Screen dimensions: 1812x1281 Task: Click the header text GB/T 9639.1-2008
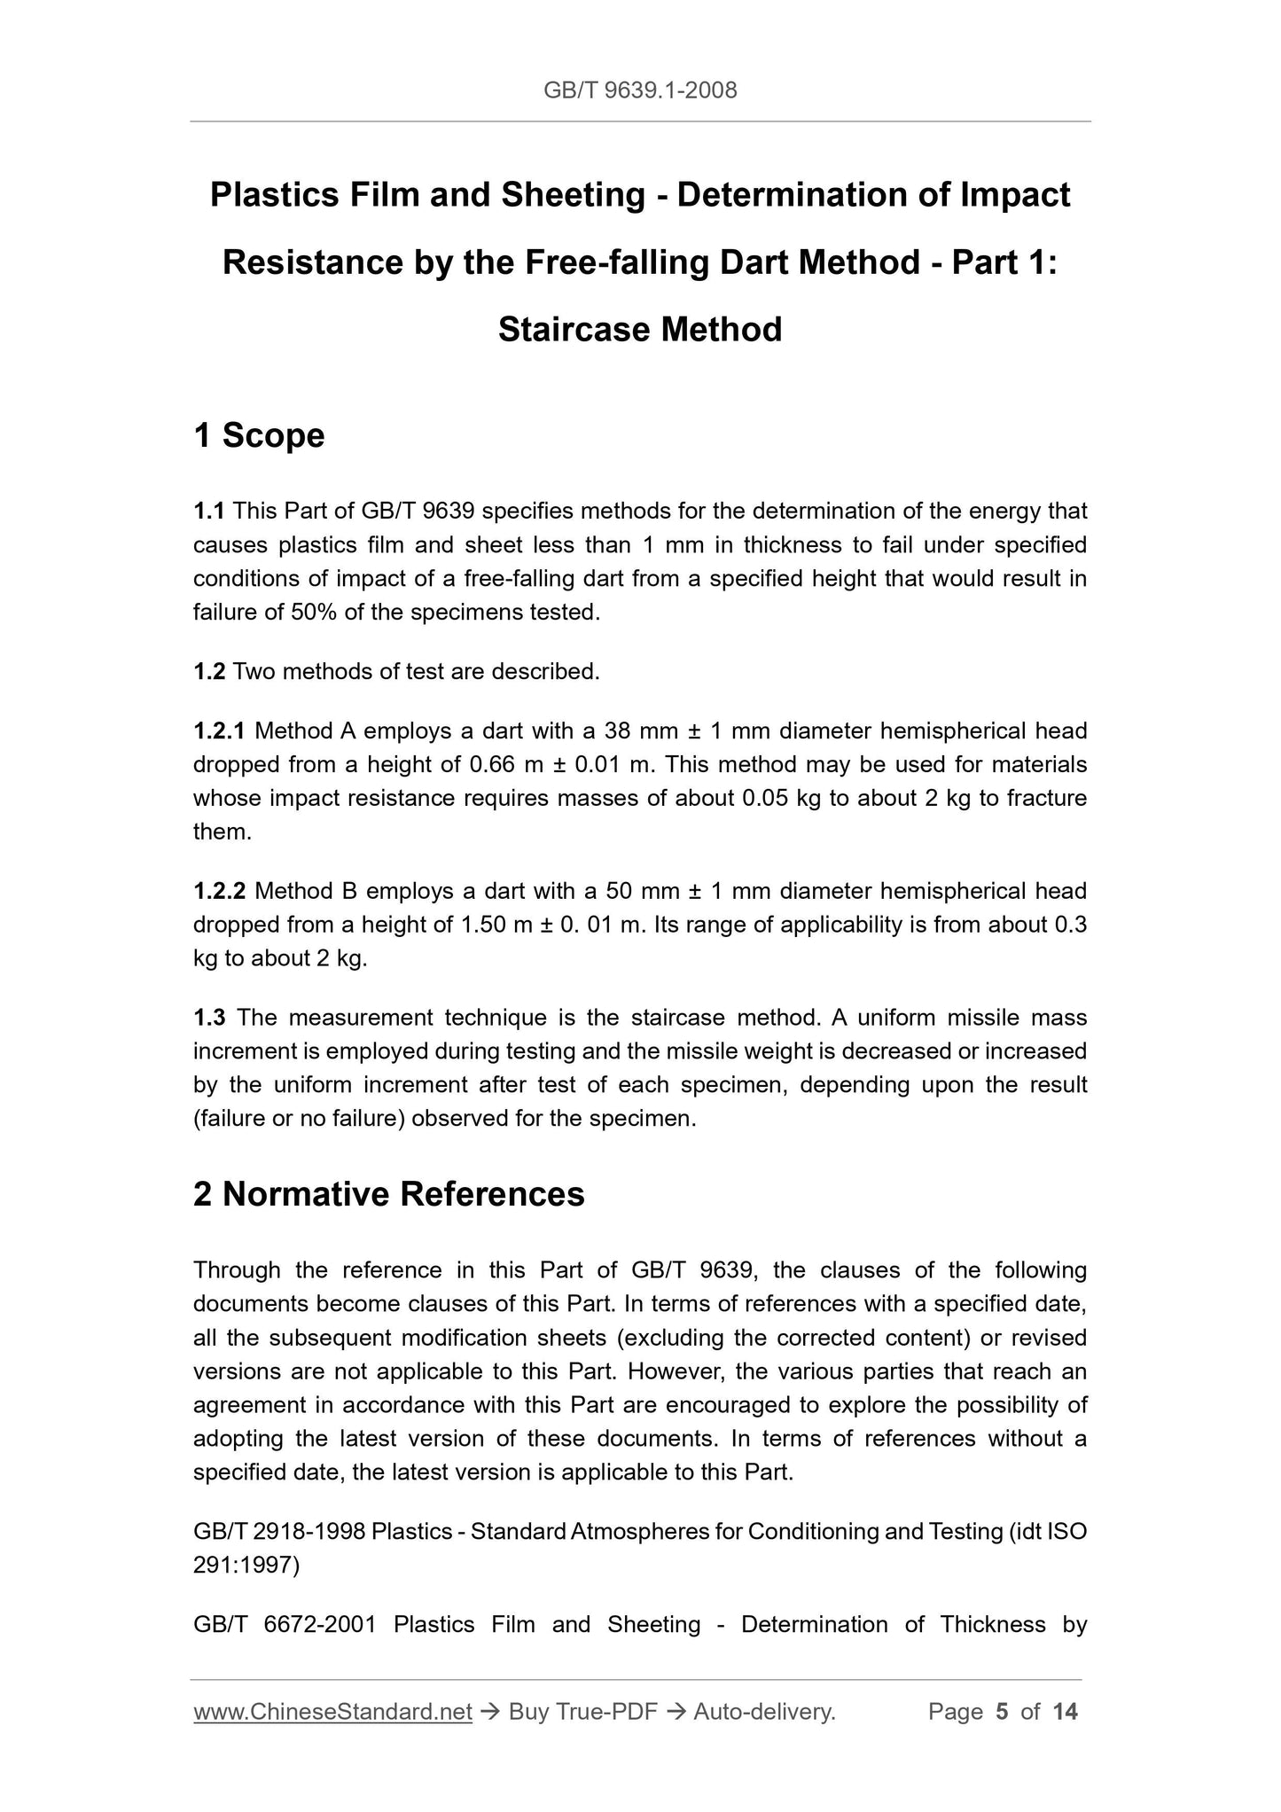[640, 90]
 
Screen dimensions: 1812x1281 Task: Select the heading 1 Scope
[259, 435]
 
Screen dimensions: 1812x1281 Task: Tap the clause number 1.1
[209, 512]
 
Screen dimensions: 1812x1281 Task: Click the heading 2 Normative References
[388, 1194]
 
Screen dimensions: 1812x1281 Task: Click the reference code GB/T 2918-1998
[279, 1532]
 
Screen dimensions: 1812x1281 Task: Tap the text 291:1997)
[246, 1566]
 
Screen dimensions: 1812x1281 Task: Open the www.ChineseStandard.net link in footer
[332, 1737]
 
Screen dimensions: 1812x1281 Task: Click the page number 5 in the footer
[1002, 1737]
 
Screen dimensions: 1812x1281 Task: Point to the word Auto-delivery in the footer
[764, 1737]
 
